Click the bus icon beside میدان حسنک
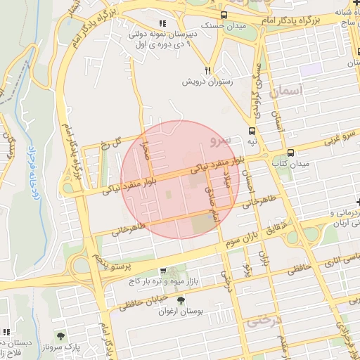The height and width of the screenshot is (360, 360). point(224,15)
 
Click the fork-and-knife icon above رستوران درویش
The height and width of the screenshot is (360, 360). point(207,70)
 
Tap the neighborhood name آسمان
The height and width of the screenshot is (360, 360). point(289,91)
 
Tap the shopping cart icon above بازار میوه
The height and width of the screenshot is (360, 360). point(163,271)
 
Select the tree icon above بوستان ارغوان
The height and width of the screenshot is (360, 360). point(181,300)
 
